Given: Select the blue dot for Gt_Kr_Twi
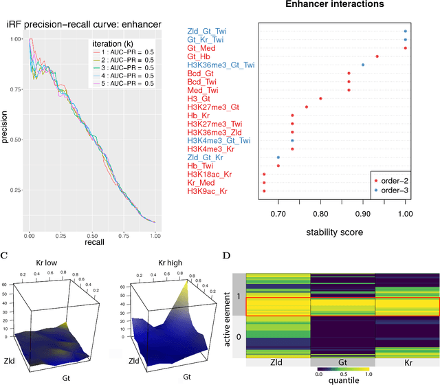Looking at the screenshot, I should [x=405, y=40].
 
